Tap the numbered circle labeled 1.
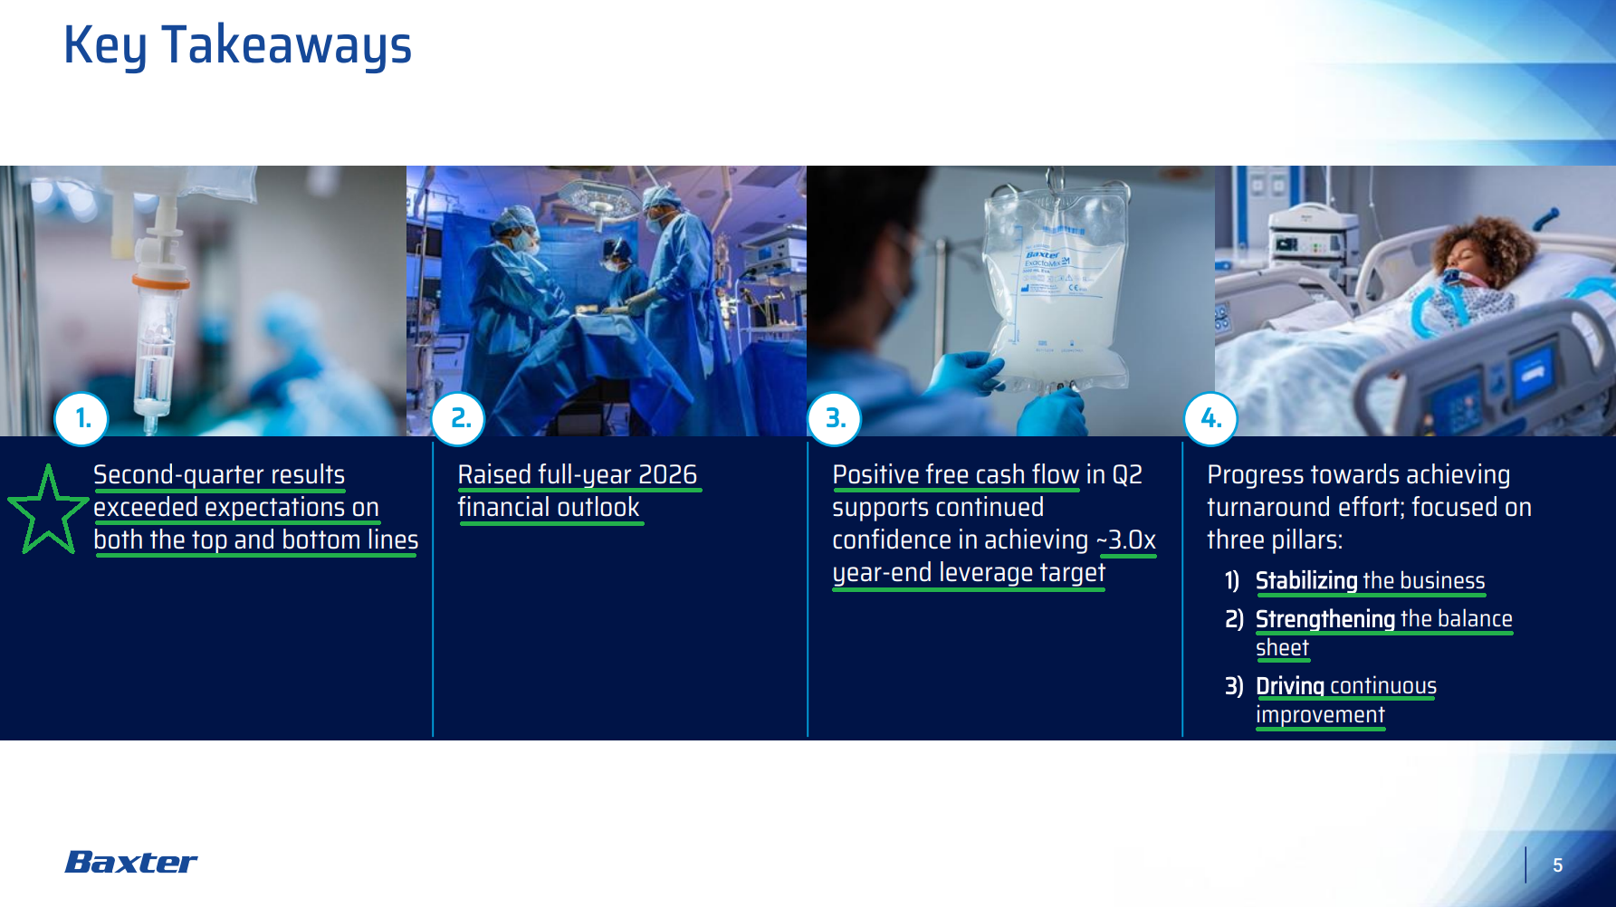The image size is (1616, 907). (81, 418)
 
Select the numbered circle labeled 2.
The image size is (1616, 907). (459, 418)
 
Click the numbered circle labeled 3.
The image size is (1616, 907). (834, 418)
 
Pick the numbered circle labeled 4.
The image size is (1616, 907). (1210, 418)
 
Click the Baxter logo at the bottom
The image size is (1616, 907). (131, 862)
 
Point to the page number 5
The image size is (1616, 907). (1557, 865)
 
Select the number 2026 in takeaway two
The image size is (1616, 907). (667, 474)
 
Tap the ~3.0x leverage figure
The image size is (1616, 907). (1126, 540)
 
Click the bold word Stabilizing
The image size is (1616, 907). (1306, 581)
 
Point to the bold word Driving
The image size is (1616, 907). (1290, 686)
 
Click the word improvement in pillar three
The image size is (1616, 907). (1320, 715)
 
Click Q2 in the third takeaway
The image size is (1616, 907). (1127, 475)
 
